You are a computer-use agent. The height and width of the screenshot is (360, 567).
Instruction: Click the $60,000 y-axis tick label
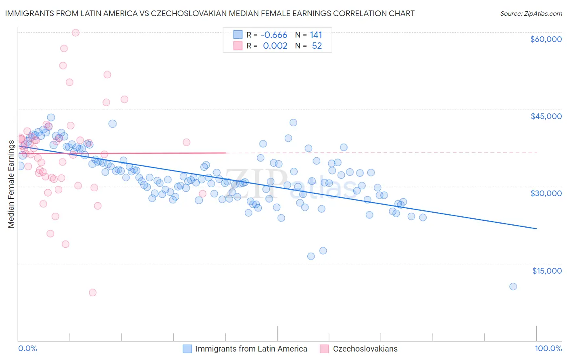546,39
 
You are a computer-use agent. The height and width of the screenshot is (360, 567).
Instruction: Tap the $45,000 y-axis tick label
546,116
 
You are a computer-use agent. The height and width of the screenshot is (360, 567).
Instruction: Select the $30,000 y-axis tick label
546,193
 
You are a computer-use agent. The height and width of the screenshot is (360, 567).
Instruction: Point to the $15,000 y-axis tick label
546,271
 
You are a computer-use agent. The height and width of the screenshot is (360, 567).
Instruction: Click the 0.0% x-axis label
27,349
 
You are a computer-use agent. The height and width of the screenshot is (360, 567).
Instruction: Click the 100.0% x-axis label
548,349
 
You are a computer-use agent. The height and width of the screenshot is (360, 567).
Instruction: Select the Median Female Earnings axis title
11,184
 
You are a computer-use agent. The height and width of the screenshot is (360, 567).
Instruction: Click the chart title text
210,14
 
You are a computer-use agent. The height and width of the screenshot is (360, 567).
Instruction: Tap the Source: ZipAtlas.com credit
531,14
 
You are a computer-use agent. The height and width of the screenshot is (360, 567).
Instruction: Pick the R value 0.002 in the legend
275,46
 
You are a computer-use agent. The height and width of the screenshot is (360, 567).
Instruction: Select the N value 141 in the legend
316,35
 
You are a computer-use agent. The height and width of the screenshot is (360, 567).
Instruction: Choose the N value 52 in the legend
317,46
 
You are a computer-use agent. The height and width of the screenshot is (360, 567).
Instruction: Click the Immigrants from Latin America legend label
251,349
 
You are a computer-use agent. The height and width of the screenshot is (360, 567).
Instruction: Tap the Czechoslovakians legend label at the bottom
365,349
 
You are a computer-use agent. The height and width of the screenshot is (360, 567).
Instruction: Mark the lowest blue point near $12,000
513,287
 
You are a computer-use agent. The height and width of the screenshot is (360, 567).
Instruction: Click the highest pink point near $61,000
75,33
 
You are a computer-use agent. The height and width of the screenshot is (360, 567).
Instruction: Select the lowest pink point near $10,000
93,293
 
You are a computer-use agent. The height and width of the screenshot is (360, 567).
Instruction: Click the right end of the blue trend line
536,229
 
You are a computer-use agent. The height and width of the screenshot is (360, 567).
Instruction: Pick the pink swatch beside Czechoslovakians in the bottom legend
324,349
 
